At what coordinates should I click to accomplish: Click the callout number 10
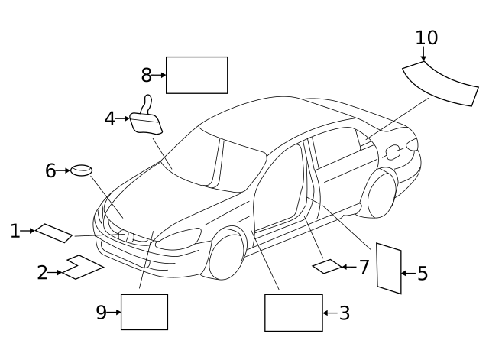click(427, 37)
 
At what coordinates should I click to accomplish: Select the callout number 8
click(147, 75)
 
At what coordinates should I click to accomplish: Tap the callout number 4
click(110, 118)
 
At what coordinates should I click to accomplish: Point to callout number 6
click(50, 170)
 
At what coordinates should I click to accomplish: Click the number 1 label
click(15, 230)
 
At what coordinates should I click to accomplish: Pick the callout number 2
click(43, 272)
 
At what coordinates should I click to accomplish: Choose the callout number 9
click(102, 312)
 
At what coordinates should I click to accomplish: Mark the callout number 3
click(344, 313)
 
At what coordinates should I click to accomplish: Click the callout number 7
click(364, 267)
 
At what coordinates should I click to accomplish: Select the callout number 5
click(422, 273)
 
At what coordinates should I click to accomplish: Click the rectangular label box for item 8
click(196, 75)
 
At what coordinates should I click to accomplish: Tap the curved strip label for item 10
click(439, 81)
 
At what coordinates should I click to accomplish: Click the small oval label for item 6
click(82, 170)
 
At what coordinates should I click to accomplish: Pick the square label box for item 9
click(144, 312)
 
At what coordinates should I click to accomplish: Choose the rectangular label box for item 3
click(293, 313)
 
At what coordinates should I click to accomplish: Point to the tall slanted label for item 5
click(389, 268)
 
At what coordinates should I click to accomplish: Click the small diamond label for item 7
click(328, 266)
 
